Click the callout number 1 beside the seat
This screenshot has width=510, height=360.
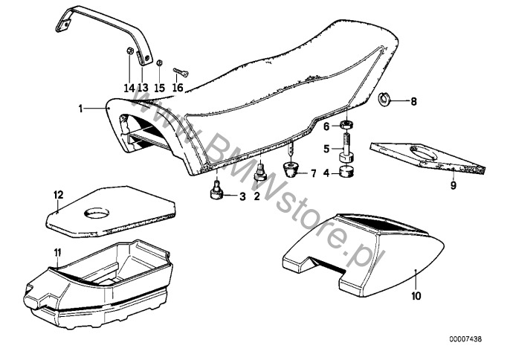80,109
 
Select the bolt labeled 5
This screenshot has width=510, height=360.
347,145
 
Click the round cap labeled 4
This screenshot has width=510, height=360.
346,171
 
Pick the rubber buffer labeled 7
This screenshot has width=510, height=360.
291,168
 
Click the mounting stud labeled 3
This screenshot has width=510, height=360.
216,192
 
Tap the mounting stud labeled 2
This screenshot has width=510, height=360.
260,173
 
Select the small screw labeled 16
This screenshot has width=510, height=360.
181,72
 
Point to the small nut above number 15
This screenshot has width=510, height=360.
159,62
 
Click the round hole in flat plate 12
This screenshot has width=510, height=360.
97,213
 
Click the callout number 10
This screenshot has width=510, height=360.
416,296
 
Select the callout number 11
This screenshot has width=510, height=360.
57,252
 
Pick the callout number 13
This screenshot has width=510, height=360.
143,88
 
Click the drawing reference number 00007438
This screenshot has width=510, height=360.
465,339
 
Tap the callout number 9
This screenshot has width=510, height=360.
453,185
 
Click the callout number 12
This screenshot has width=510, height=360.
59,195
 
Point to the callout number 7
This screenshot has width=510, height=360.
313,174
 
